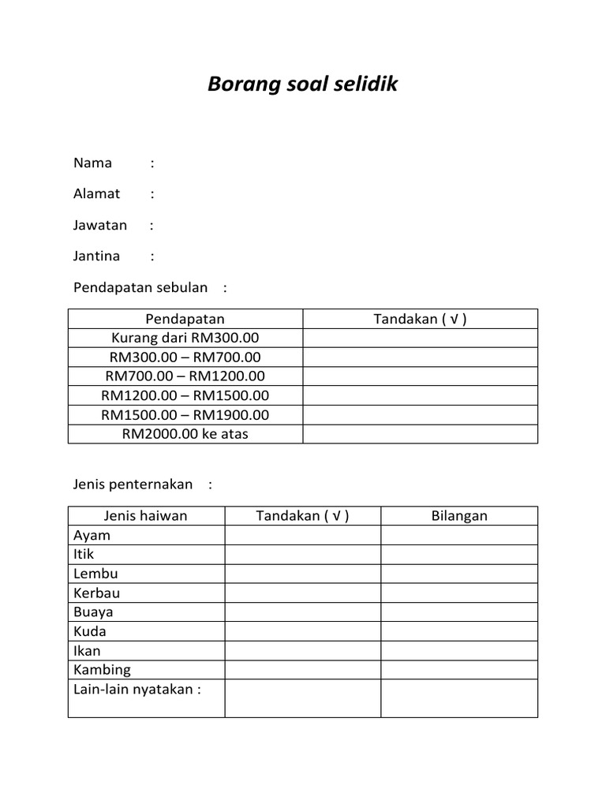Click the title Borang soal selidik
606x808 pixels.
[x=303, y=84]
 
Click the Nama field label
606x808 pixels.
[x=93, y=163]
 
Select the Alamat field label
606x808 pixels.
[x=97, y=194]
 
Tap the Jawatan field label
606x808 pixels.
[x=100, y=225]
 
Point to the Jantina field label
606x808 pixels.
[x=97, y=256]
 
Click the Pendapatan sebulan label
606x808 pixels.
[x=140, y=287]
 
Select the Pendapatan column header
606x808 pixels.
[x=185, y=319]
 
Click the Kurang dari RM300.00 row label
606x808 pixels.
[x=185, y=338]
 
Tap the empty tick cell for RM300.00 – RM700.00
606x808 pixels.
[x=420, y=357]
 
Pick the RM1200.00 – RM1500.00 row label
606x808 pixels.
[x=185, y=395]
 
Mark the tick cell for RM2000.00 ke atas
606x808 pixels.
[x=420, y=434]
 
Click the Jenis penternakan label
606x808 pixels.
[x=133, y=484]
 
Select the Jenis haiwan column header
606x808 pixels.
[x=146, y=516]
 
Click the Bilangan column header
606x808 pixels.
[x=459, y=516]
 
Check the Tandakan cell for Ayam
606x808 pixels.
[x=303, y=535]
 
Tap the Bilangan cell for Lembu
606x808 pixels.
[x=459, y=574]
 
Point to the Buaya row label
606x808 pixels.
[x=93, y=612]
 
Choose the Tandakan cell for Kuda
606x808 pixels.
[x=303, y=631]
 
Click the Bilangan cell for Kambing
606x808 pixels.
[x=459, y=670]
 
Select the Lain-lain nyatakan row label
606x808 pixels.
[x=137, y=690]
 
